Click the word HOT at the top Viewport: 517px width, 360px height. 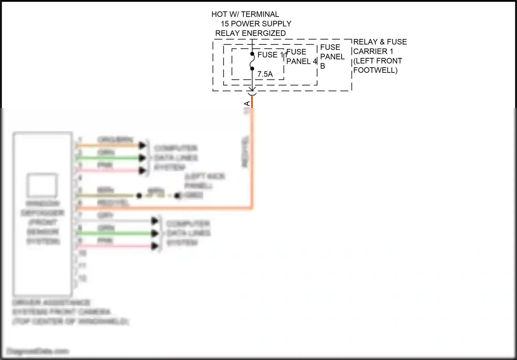click(219, 14)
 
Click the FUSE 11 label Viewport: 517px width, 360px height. click(272, 55)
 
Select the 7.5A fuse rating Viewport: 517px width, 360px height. click(265, 74)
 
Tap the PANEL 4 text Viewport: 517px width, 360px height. click(301, 61)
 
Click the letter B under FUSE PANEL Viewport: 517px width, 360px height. click(323, 66)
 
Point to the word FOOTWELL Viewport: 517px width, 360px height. click(375, 70)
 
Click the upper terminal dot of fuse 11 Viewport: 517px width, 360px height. click(252, 54)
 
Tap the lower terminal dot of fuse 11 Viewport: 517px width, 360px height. click(252, 69)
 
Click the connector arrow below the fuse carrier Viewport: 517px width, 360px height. click(252, 91)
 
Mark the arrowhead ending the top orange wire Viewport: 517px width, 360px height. click(142, 146)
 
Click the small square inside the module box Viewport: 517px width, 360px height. click(43, 185)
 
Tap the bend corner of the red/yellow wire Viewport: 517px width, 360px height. click(252, 208)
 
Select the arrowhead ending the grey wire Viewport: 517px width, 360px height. click(155, 221)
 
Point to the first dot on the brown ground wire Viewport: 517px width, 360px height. click(139, 196)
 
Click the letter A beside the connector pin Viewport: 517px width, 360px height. click(247, 104)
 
